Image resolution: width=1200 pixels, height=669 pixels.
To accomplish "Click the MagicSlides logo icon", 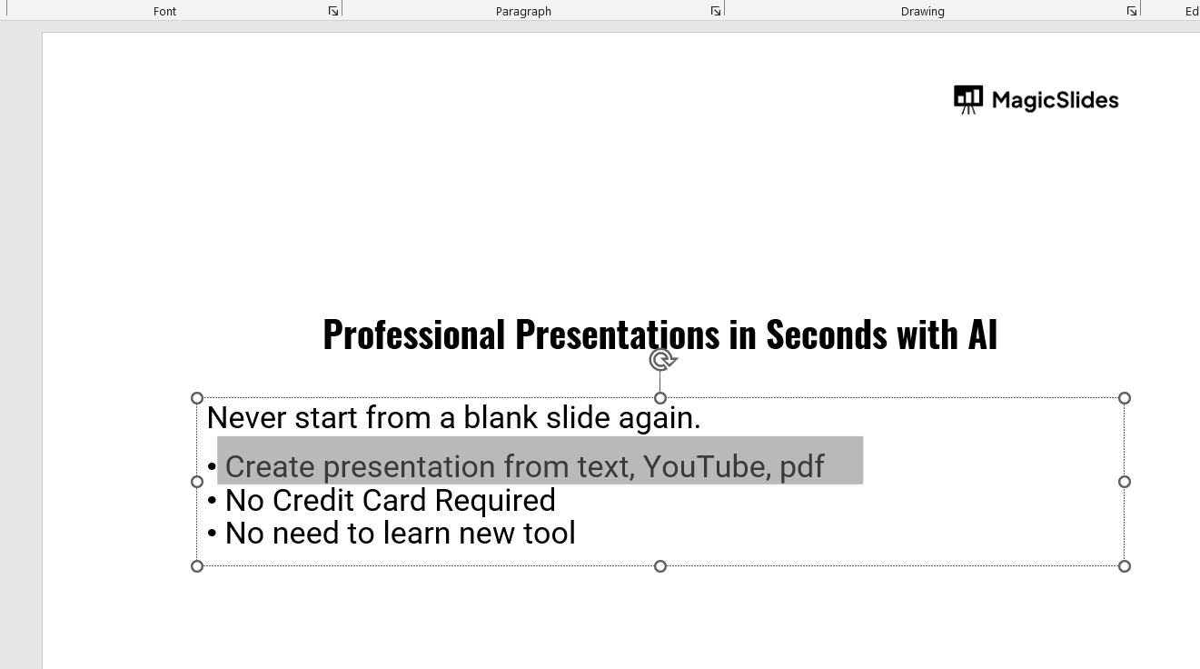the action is [968, 100].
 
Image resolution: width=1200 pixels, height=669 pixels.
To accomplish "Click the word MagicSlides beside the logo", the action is [1055, 100].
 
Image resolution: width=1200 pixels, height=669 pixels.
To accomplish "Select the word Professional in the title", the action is [414, 334].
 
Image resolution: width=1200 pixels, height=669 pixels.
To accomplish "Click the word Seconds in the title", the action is [827, 334].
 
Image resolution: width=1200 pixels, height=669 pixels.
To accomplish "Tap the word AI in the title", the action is [983, 334].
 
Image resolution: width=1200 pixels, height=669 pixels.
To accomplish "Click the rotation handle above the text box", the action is [662, 360].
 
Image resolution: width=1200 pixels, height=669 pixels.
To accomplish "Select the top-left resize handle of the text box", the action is [197, 398].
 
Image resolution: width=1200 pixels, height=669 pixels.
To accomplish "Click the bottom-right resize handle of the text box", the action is [1125, 566].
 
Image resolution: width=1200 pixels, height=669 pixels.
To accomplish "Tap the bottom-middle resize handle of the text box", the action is [660, 566].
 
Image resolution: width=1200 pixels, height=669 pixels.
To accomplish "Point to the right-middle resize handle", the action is [1125, 482].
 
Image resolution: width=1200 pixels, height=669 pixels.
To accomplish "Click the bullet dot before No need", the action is [212, 534].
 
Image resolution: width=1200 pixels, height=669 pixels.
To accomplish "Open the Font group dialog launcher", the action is [333, 11].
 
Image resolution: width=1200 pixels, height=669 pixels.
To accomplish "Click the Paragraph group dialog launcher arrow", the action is [715, 11].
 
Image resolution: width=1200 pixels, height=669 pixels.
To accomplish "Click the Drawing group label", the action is [923, 12].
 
